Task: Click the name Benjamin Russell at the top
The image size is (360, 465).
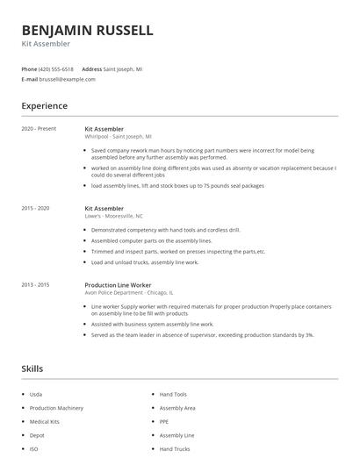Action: tap(87, 30)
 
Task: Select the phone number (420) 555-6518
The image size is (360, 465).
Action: tap(57, 68)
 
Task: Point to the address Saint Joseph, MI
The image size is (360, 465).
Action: tap(124, 68)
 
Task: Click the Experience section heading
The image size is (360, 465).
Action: tap(45, 106)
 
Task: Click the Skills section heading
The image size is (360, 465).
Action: tap(32, 368)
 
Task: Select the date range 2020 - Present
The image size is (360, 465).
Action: tap(40, 129)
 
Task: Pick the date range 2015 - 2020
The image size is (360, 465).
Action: tap(36, 208)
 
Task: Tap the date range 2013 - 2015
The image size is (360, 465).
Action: tap(36, 285)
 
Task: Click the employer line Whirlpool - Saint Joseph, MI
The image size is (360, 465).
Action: tap(119, 137)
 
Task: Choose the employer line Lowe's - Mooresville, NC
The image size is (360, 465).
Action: tap(114, 216)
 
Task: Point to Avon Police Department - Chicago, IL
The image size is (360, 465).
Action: tap(129, 293)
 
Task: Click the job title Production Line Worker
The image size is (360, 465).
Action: tap(118, 285)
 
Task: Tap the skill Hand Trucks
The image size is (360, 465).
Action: tap(175, 449)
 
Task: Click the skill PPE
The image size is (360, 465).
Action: tap(164, 422)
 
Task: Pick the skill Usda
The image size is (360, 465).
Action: tap(35, 395)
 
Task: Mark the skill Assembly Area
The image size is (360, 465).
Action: tap(177, 408)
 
